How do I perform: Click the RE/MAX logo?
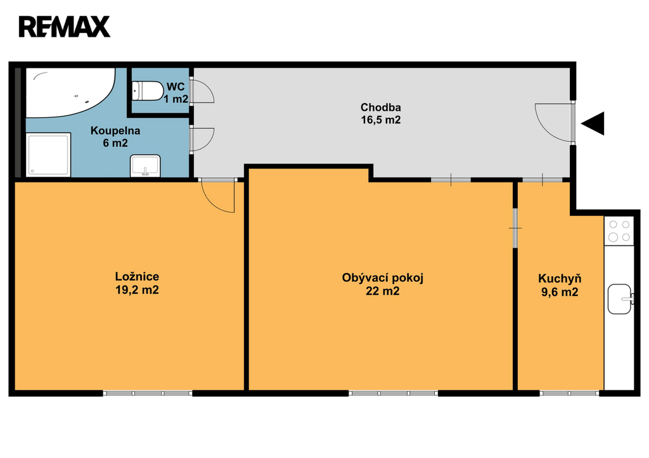coord(65,27)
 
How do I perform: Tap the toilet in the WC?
coord(147,91)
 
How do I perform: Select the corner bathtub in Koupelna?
coord(71,93)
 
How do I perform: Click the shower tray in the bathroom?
coord(48,155)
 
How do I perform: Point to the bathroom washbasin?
coord(145,166)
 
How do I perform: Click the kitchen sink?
coord(620,299)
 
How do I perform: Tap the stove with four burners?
coord(619,231)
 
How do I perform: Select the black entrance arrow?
coord(593,124)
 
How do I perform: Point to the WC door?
coord(202,91)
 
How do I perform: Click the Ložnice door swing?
coord(218,196)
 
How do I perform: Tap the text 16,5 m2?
coord(381,120)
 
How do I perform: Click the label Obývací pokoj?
coord(382,277)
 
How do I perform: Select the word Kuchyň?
coord(560,279)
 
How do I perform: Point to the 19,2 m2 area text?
coord(137,290)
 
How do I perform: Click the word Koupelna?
coord(115,130)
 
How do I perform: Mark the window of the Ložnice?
coord(148,393)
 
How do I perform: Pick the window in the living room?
coord(393,393)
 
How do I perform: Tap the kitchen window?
coord(570,393)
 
